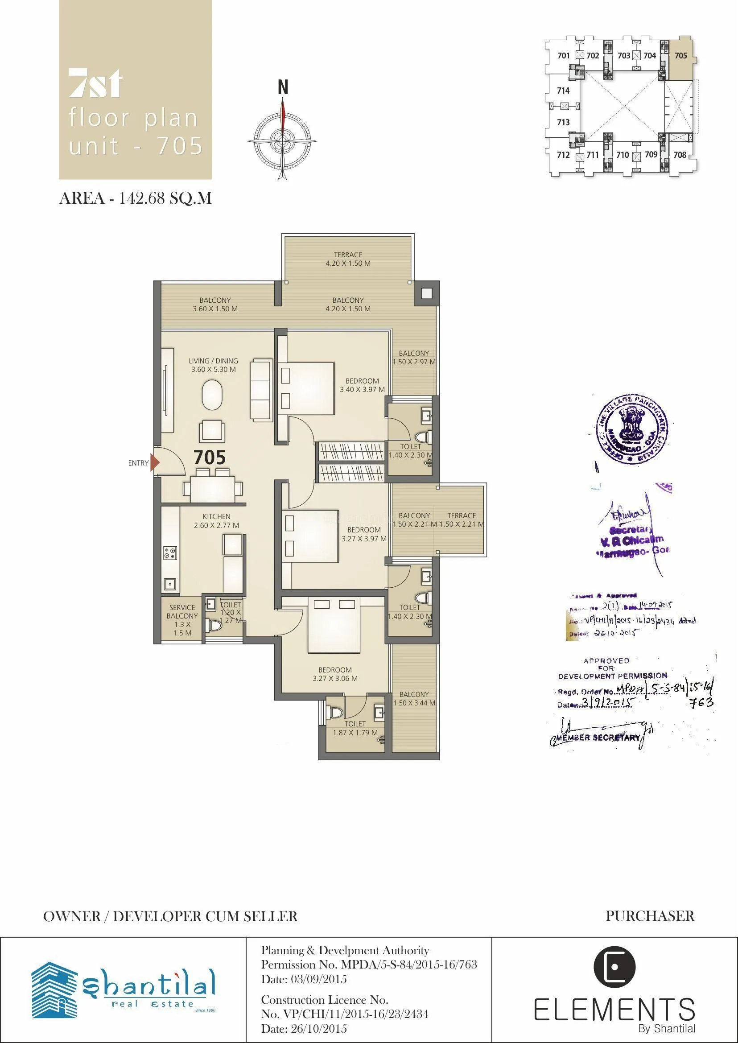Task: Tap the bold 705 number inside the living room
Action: tap(210, 458)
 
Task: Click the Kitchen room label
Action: tap(216, 521)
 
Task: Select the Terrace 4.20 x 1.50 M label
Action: tap(348, 259)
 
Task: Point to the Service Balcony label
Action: tap(182, 620)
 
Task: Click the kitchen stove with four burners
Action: tap(170, 553)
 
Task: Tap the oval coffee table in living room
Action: tap(212, 396)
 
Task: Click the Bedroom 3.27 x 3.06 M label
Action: tap(335, 674)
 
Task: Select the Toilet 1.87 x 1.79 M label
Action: tap(355, 728)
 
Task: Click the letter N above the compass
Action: tap(283, 88)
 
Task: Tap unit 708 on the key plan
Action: tap(680, 155)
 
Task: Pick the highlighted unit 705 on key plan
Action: tap(680, 56)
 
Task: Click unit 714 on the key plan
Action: tap(563, 91)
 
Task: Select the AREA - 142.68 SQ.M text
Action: tap(136, 198)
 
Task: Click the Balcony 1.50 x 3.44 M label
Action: tap(414, 698)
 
